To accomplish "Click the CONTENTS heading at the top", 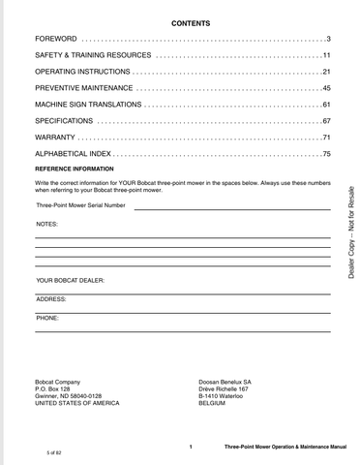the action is click(x=184, y=20).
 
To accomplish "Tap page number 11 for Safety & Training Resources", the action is click(x=326, y=55).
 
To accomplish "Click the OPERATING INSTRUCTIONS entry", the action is click(x=81, y=72).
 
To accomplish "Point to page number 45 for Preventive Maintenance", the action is click(x=326, y=88).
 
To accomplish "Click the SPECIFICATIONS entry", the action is click(x=64, y=121).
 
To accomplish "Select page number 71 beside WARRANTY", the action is click(x=326, y=138).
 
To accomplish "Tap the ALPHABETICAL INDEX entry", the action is click(x=74, y=154).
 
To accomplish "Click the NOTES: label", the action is click(x=47, y=224).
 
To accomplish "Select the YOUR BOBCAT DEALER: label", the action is click(x=71, y=280).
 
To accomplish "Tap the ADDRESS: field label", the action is click(x=50, y=298).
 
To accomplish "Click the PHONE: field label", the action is click(x=47, y=317).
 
